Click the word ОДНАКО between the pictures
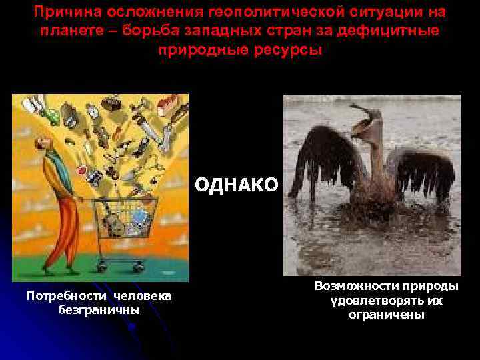237,185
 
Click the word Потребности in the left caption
65,295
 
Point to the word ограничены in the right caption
387,315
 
